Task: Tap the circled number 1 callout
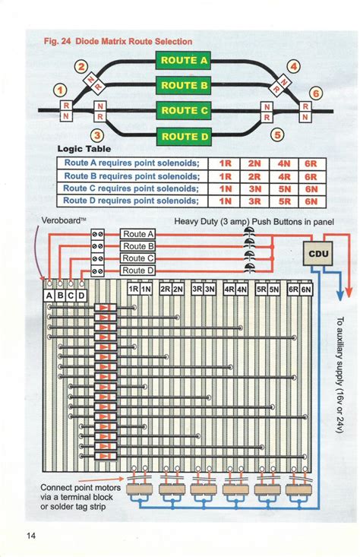pos(59,92)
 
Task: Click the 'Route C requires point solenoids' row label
pos(131,188)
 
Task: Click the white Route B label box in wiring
pos(138,246)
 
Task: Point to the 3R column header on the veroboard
pos(197,290)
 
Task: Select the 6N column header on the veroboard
pos(306,290)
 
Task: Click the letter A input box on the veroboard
pos(50,295)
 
